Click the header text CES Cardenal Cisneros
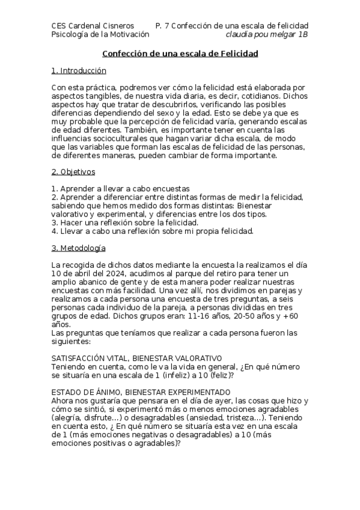tap(90, 26)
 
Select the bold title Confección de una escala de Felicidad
tap(180, 54)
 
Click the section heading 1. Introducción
tap(79, 71)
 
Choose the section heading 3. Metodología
tap(79, 248)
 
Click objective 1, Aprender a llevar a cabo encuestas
tap(121, 189)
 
